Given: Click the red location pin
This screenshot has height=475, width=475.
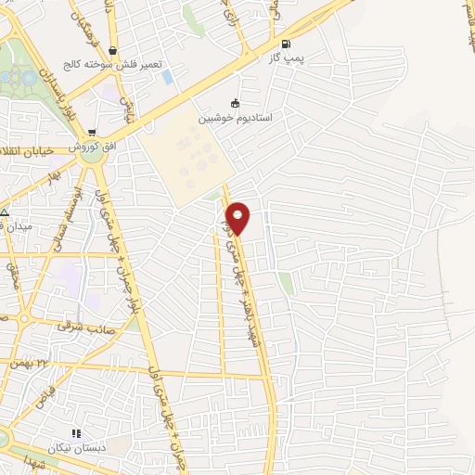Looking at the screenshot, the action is [x=238, y=217].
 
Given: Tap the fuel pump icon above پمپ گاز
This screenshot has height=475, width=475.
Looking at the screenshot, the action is [x=284, y=43].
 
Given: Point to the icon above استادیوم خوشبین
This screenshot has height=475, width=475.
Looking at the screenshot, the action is [x=235, y=104].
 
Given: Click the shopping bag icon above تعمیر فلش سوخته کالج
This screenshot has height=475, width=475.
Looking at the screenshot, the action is [x=112, y=51].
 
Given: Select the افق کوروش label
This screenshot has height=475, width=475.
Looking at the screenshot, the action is [x=94, y=147].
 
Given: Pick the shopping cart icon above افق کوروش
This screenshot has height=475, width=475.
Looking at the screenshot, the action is [x=92, y=133].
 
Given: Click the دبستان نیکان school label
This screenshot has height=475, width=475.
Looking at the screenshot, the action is [x=77, y=446].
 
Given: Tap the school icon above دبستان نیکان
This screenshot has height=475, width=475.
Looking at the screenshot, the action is [x=76, y=432].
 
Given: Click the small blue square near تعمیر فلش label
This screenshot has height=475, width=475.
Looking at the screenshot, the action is [x=168, y=77].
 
